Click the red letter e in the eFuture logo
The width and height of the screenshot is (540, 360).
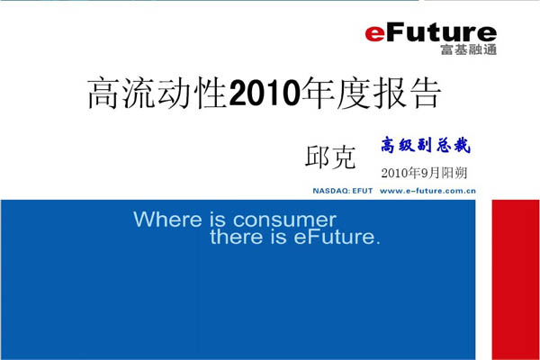tap(374, 34)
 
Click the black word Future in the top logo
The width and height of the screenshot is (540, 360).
tap(441, 32)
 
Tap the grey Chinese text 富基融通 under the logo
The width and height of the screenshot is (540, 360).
tap(468, 49)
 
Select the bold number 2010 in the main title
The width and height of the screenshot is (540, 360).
tap(265, 93)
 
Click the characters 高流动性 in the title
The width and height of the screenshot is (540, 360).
tap(157, 93)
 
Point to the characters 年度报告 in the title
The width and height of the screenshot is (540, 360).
tap(371, 93)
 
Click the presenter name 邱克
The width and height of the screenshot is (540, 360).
tap(330, 157)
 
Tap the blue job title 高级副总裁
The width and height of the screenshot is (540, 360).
tap(426, 145)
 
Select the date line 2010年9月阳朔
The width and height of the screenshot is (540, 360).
tap(424, 173)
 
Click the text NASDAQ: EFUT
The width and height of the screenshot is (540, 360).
tap(343, 191)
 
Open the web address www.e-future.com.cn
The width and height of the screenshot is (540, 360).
tap(427, 191)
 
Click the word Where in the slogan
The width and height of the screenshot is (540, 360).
tap(167, 220)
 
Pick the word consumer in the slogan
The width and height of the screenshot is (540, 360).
tap(284, 220)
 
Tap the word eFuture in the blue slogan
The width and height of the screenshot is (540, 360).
tap(337, 237)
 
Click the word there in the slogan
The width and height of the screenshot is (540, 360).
tap(236, 237)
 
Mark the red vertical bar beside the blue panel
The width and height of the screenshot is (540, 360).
tap(516, 280)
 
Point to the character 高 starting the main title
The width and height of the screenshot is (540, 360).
tap(103, 94)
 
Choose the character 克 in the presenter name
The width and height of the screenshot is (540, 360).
tap(343, 157)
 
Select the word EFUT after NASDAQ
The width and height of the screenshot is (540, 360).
tap(363, 191)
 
